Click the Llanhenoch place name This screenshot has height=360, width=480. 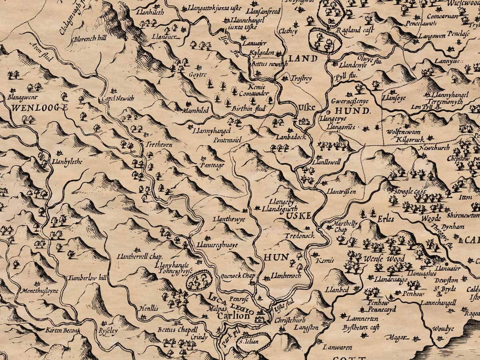[x=286, y=276]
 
